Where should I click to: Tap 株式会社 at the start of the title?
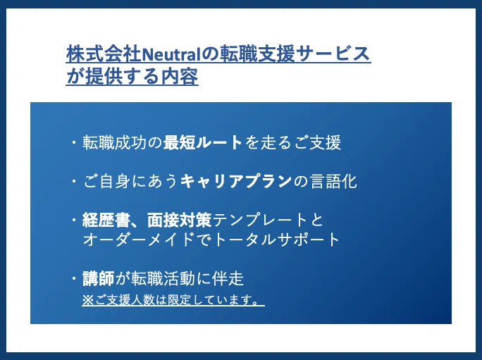point(104,54)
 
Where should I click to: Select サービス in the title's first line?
point(334,54)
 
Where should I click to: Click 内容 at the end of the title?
point(180,76)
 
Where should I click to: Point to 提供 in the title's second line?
point(104,76)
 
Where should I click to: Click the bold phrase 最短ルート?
point(203,142)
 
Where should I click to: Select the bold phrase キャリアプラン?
point(236,181)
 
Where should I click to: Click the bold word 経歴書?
point(101,220)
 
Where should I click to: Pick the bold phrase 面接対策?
point(180,220)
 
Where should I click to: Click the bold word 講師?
point(99,278)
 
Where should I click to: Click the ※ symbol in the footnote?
point(87,300)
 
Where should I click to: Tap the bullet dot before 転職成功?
point(74,142)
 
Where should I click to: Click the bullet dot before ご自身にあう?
point(74,181)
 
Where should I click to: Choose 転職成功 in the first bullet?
point(114,142)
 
